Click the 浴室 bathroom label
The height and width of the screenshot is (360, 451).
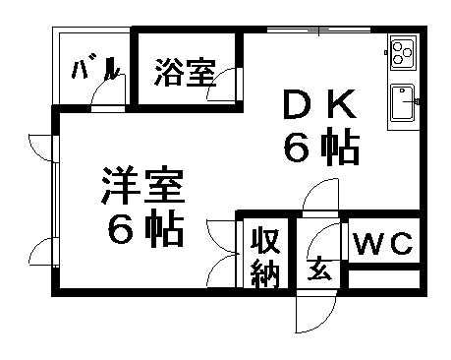tap(185, 72)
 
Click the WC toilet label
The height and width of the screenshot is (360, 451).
tap(383, 244)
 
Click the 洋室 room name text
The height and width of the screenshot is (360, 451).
tap(143, 187)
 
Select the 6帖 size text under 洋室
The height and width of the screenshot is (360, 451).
tap(143, 231)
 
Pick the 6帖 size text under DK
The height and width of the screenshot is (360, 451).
tap(321, 148)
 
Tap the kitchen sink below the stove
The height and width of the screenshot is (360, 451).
tap(403, 104)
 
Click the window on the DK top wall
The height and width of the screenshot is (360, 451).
tap(319, 31)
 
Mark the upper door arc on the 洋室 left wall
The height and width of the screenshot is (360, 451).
tap(40, 145)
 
